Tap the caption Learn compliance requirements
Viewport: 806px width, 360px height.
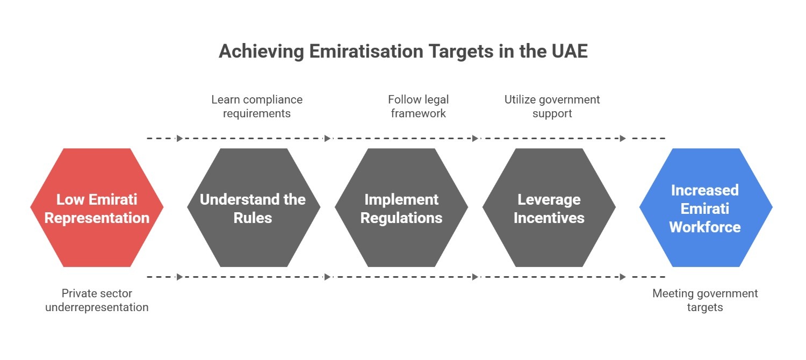[257, 106]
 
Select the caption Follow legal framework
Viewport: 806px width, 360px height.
[418, 106]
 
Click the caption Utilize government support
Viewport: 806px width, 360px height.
[552, 106]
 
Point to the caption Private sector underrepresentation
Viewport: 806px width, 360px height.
[97, 300]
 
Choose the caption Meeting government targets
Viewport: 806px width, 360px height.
[705, 300]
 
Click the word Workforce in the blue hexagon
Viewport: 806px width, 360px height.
[704, 227]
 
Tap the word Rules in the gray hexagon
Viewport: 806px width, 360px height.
[253, 218]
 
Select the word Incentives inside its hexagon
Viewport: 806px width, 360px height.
[549, 218]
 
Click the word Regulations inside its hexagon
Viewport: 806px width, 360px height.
[401, 218]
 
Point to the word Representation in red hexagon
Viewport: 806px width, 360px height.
[97, 218]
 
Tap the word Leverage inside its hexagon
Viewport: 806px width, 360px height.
[549, 199]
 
